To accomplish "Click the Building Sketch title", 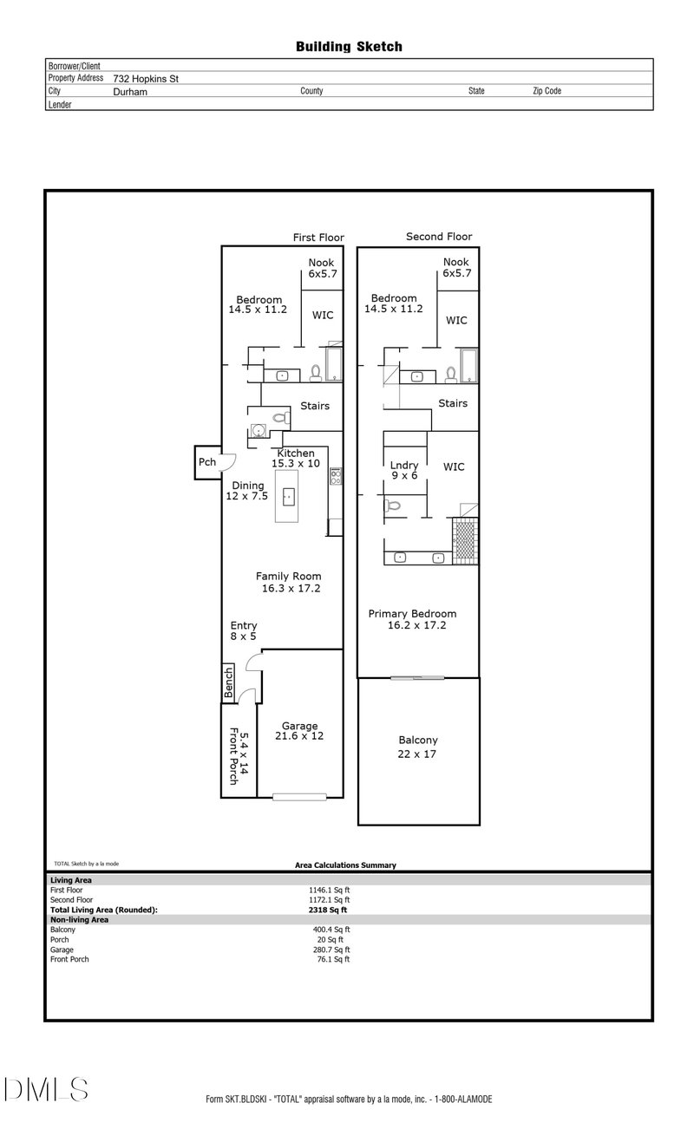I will click(349, 47).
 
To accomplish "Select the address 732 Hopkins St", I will click(146, 78).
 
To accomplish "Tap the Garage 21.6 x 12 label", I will click(299, 731).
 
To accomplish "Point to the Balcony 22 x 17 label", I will click(418, 747).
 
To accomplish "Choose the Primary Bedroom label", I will click(413, 619).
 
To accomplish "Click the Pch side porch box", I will click(206, 462).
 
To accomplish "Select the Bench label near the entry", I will click(229, 682).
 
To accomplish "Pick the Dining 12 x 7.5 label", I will click(247, 491).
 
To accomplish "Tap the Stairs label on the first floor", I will click(314, 406).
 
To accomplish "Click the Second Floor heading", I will click(439, 237).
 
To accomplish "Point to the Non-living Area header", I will click(79, 919).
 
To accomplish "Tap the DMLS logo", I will click(46, 1088).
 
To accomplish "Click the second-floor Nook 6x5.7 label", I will click(456, 267).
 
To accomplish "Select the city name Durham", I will click(130, 91).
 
